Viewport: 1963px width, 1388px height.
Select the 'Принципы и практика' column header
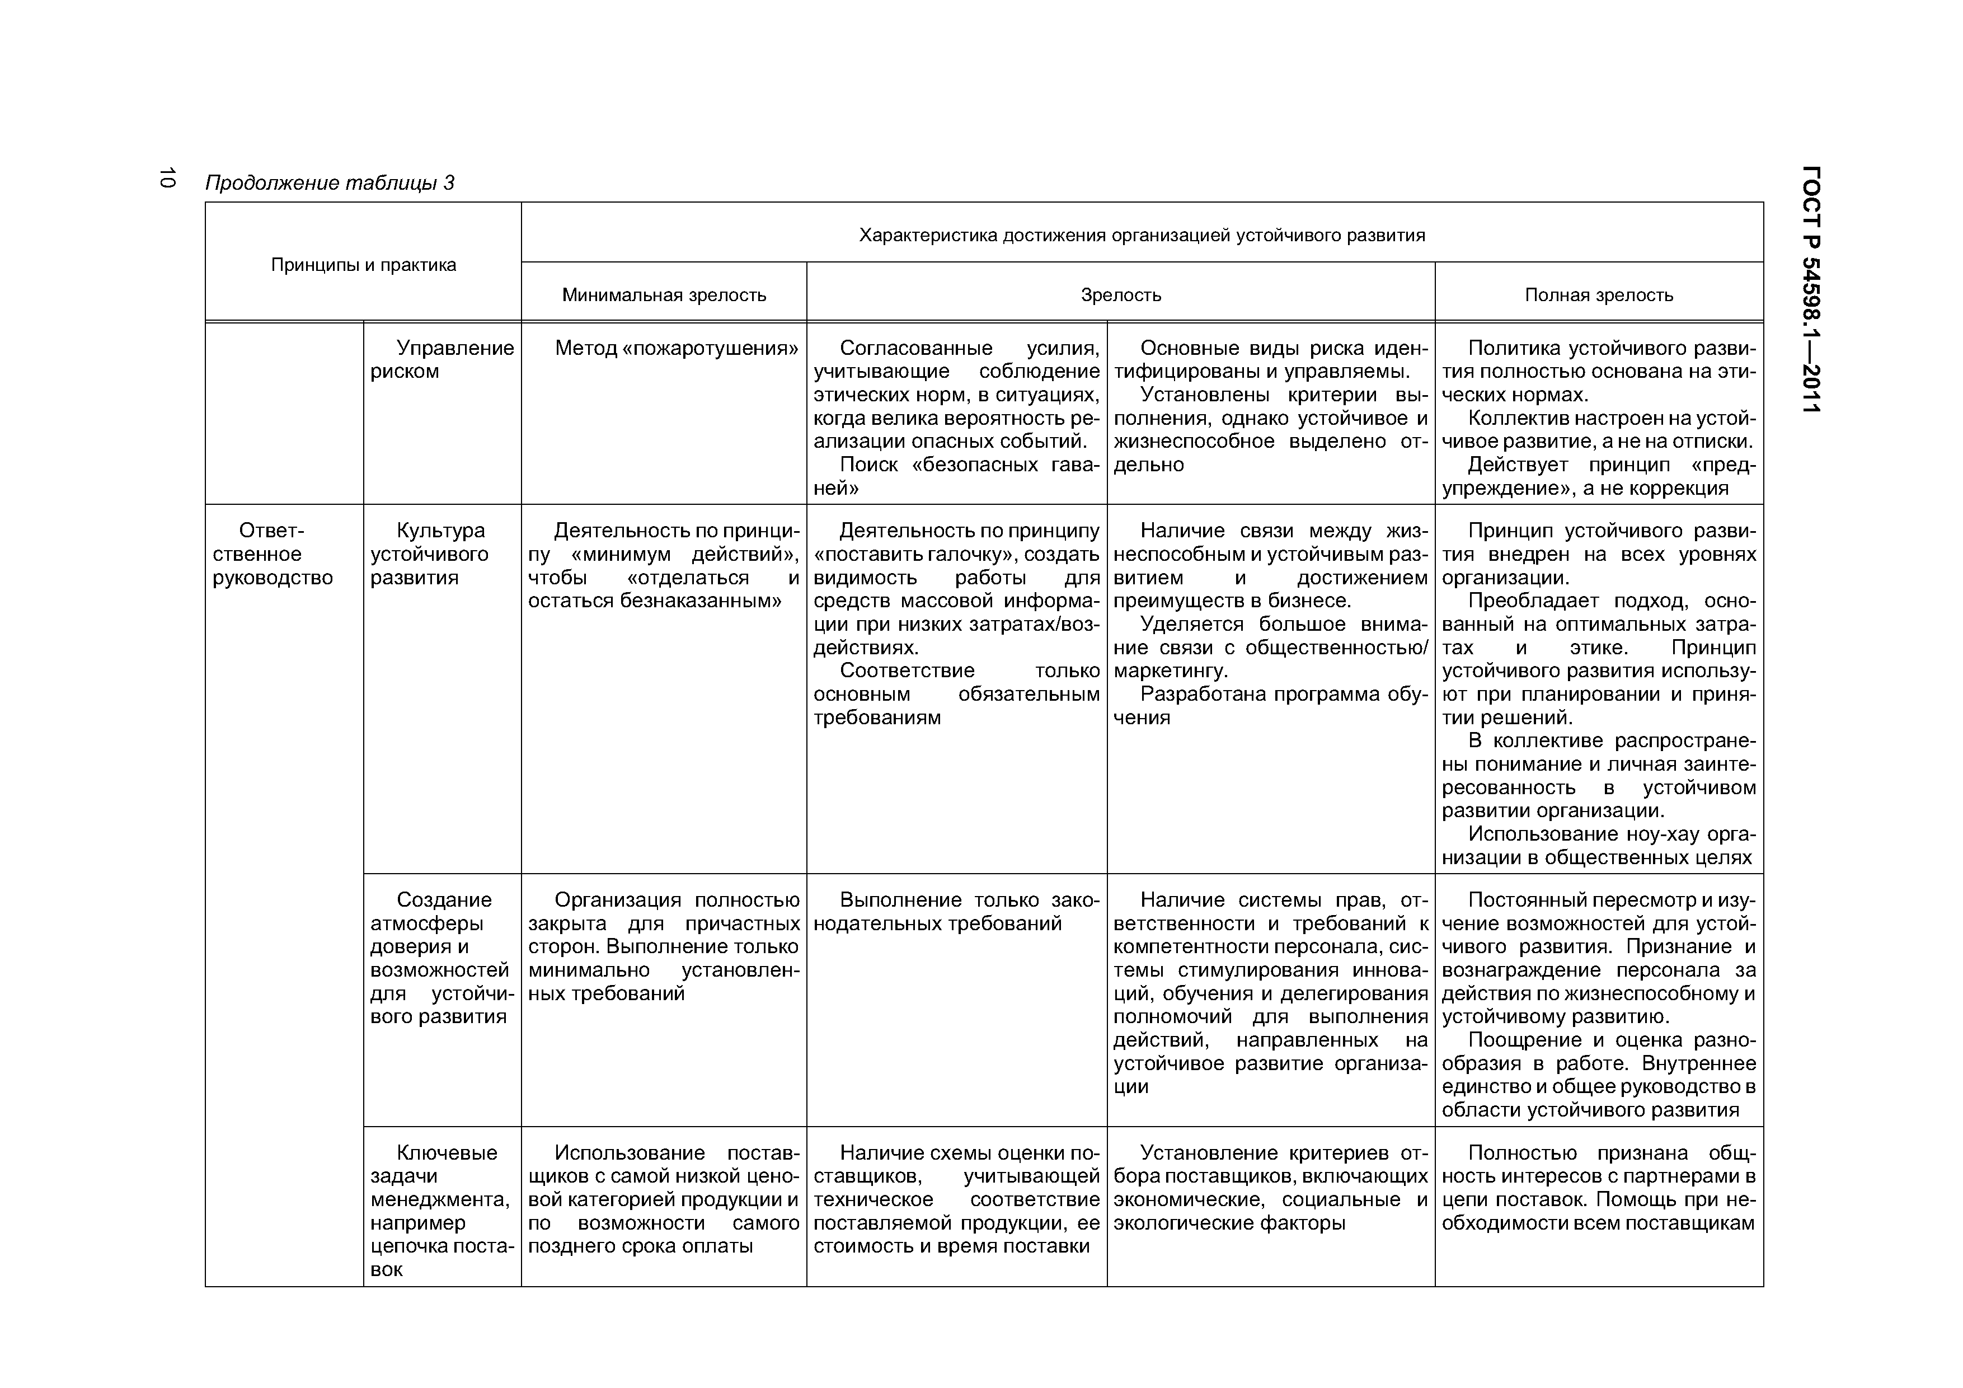coord(363,265)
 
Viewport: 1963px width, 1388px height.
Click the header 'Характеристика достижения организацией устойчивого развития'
coord(1142,235)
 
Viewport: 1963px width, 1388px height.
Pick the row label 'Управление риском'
coord(442,360)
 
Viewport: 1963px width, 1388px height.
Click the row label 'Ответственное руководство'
coord(272,554)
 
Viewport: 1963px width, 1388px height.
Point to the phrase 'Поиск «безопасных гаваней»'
coord(956,476)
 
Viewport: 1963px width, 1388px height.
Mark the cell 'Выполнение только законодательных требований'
coord(956,912)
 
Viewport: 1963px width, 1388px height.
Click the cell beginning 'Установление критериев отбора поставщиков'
coord(1270,1188)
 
